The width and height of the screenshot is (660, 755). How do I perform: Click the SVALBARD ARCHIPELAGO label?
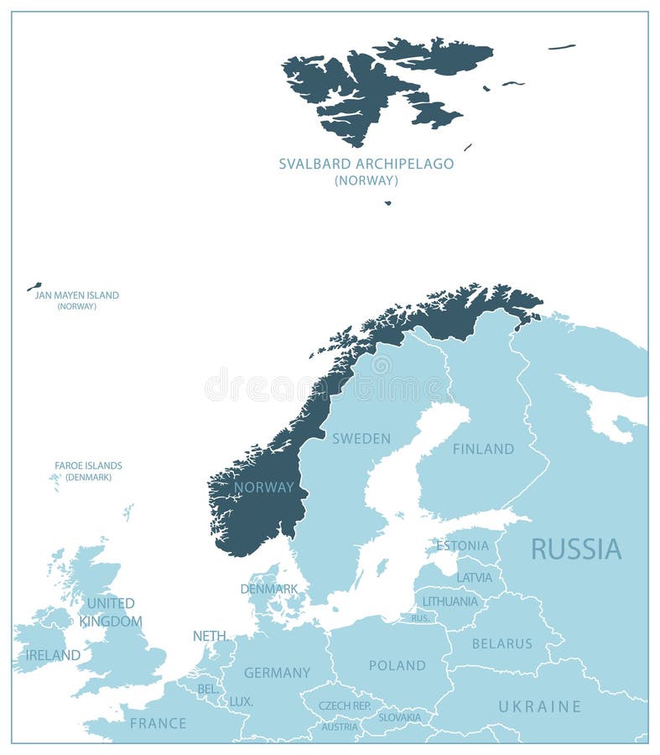pos(366,164)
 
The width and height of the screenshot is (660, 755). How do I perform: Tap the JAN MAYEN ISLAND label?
pos(76,295)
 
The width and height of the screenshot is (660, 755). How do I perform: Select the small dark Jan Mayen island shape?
pos(34,287)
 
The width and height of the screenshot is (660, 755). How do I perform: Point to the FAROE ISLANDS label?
pos(88,466)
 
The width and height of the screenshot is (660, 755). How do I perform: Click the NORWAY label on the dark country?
pos(264,487)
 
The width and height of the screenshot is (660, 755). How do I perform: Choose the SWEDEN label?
pos(361,439)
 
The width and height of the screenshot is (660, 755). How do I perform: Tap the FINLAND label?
pos(483,449)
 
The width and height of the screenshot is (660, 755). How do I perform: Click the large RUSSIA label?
pos(576,549)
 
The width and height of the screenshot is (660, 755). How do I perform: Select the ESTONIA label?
pos(462,545)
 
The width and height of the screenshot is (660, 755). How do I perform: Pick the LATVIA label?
pos(475,577)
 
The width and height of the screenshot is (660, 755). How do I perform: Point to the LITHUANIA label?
pos(450,601)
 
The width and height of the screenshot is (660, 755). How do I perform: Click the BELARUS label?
pos(502,643)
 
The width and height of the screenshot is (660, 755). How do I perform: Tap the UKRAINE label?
pos(540,706)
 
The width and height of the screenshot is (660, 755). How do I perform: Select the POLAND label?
pos(398,665)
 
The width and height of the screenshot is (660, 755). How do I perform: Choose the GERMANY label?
pos(277,673)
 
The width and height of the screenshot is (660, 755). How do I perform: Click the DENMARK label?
pos(269,589)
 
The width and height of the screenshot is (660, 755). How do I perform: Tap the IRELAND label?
pos(53,655)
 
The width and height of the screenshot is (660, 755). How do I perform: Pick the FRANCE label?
pos(158,723)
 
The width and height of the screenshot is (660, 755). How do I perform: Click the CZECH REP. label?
pos(345,706)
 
